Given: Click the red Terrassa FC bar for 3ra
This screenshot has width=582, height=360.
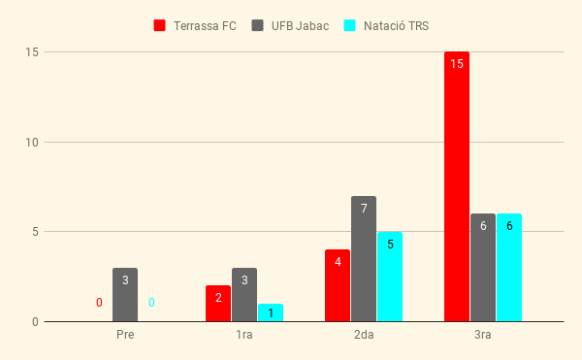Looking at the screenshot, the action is pyautogui.click(x=457, y=186).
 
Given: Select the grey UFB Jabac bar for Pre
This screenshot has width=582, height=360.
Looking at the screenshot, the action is pyautogui.click(x=125, y=295).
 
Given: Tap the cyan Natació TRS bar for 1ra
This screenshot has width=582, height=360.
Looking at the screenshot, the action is pyautogui.click(x=271, y=312).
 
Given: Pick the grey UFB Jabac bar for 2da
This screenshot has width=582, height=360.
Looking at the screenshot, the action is pyautogui.click(x=364, y=259).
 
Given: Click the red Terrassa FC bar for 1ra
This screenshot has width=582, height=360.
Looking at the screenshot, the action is pyautogui.click(x=218, y=304).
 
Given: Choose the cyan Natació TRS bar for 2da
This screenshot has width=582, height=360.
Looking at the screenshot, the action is pyautogui.click(x=390, y=277).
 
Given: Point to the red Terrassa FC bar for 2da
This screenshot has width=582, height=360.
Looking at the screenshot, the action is pyautogui.click(x=338, y=285).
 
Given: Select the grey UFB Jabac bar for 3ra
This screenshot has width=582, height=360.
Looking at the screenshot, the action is pyautogui.click(x=483, y=268).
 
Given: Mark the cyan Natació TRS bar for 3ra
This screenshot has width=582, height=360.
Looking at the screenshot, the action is pyautogui.click(x=509, y=268).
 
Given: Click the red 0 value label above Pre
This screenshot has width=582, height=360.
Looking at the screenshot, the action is pyautogui.click(x=99, y=303).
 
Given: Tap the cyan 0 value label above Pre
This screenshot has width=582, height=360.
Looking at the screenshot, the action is pyautogui.click(x=151, y=303).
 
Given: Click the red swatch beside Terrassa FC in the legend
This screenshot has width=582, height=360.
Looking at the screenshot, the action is pyautogui.click(x=160, y=25).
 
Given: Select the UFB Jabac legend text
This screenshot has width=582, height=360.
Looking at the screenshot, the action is pyautogui.click(x=300, y=26).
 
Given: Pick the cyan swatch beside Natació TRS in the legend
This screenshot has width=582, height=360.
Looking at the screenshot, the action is pyautogui.click(x=349, y=25).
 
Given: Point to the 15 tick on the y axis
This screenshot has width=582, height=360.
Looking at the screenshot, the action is pyautogui.click(x=32, y=52).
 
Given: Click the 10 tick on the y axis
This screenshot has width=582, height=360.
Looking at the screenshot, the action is pyautogui.click(x=32, y=142).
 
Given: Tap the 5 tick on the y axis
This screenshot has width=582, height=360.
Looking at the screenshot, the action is pyautogui.click(x=35, y=232).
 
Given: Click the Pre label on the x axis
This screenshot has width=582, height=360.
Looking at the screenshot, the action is pyautogui.click(x=125, y=335).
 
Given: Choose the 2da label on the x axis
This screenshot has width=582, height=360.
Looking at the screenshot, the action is pyautogui.click(x=364, y=335).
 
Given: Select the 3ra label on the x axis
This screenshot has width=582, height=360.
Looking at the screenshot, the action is pyautogui.click(x=483, y=335).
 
